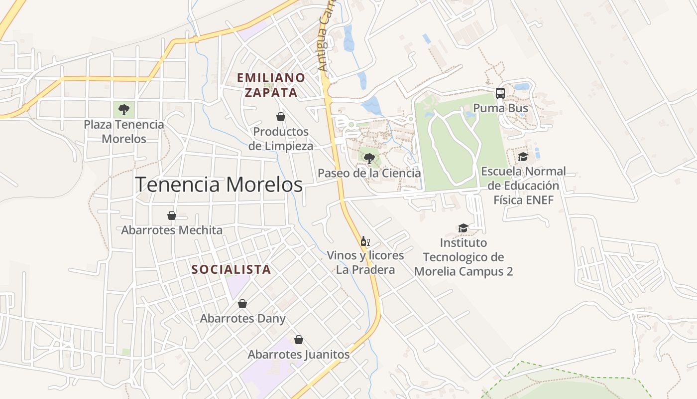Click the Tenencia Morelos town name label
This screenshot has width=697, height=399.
tap(219, 185)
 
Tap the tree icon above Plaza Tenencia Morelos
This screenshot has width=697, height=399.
tap(124, 109)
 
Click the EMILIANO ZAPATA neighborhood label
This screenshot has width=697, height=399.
tap(271, 85)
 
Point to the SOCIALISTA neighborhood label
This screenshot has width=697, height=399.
tap(232, 269)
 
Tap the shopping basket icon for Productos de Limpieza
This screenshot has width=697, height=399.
tap(281, 117)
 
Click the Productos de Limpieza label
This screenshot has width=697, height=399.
tap(281, 139)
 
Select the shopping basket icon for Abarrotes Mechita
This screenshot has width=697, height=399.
tap(172, 215)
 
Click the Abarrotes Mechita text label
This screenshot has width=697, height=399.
tap(172, 230)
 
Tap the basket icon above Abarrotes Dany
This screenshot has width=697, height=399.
tap(242, 303)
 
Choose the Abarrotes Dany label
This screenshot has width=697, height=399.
tap(243, 318)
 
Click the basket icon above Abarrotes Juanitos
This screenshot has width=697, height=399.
tap(299, 340)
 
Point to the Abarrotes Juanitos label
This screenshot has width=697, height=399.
tap(299, 355)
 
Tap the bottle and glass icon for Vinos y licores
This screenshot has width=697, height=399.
tap(365, 241)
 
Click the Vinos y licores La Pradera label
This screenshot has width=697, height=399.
tap(365, 263)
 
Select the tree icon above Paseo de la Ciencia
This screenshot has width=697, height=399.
tap(369, 159)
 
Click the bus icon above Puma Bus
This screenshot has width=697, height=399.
tap(500, 93)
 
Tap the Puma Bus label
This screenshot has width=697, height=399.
tap(500, 108)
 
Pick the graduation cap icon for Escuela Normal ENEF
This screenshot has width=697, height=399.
tap(523, 157)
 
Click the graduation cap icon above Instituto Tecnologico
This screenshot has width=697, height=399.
tap(464, 228)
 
